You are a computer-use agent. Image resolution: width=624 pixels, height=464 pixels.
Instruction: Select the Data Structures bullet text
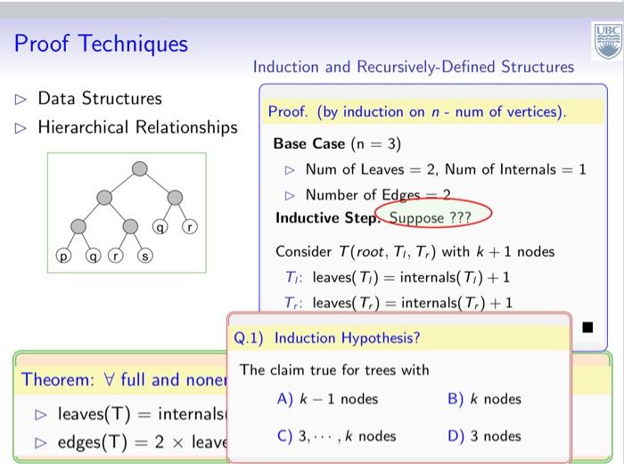[99, 98]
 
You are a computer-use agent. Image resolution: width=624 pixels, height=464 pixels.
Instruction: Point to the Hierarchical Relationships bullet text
[137, 127]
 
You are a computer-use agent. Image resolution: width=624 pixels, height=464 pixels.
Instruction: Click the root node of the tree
[139, 169]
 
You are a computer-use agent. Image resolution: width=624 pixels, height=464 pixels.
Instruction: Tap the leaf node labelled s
[143, 256]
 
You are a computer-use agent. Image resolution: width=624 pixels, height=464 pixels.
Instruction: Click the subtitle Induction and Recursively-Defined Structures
[414, 67]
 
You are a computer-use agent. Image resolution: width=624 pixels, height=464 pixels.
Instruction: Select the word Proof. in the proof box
[287, 112]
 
